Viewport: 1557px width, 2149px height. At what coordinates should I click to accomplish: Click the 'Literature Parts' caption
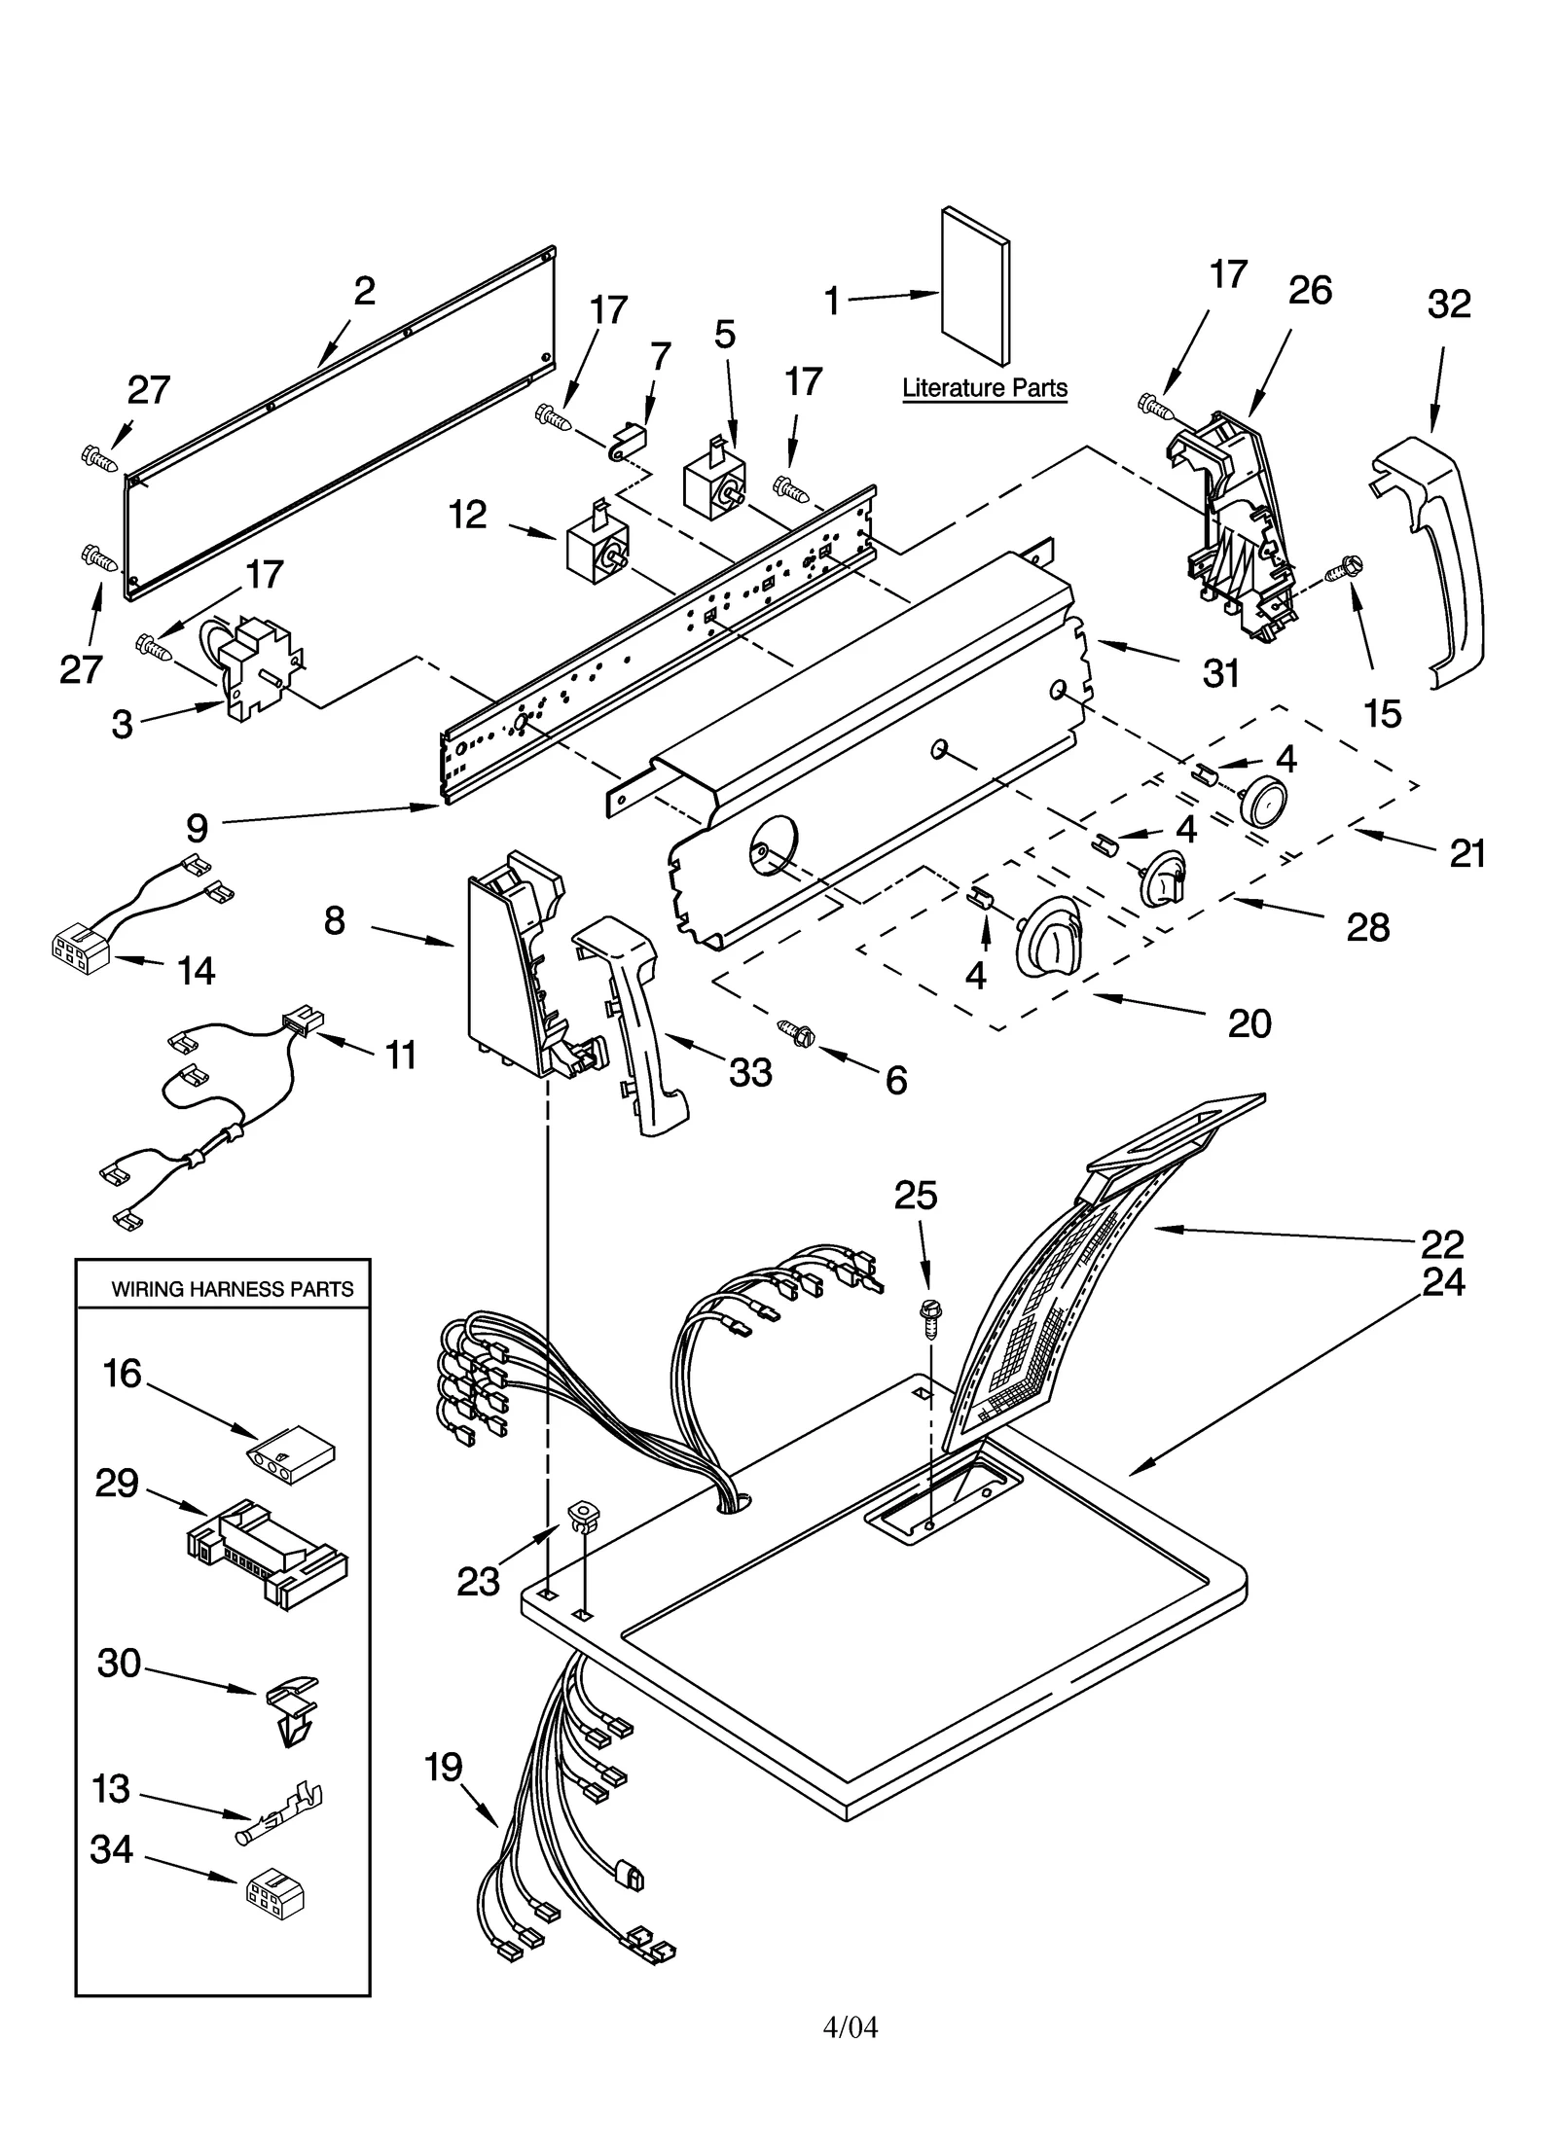pos(984,388)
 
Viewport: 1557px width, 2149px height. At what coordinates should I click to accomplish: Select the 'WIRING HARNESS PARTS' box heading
pos(232,1289)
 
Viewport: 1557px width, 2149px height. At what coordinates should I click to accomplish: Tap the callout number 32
pos(1448,304)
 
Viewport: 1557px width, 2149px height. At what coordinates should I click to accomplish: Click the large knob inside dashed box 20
pos(1049,936)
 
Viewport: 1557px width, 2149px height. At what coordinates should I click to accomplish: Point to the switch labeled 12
pos(596,551)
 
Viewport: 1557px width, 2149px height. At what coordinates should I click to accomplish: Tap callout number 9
pos(197,829)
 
